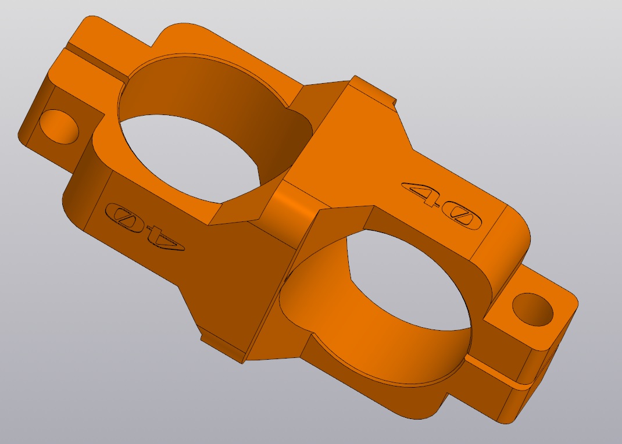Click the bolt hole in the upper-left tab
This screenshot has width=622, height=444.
59,127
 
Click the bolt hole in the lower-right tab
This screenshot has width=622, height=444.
532,310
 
